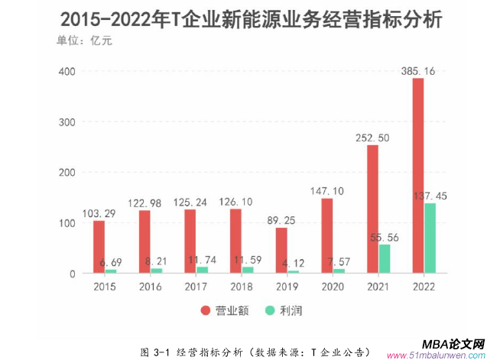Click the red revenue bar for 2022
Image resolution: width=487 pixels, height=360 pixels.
418,176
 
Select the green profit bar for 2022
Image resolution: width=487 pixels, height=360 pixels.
430,238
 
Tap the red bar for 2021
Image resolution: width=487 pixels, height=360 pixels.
372,209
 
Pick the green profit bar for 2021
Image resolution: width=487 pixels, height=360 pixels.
384,258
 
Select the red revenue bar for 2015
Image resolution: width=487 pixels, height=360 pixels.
99,246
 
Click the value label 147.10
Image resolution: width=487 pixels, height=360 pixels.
327,191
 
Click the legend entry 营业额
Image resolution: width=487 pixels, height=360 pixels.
226,310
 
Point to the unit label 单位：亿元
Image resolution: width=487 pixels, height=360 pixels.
84,41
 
